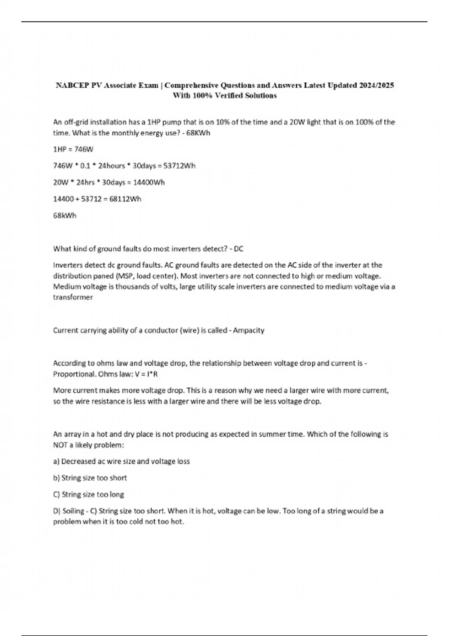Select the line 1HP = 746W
click(73, 149)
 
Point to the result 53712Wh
click(179, 166)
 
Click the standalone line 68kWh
click(65, 215)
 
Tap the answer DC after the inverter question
click(238, 248)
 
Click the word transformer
click(73, 297)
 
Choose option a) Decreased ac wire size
click(121, 461)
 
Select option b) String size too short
click(90, 478)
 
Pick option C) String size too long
click(89, 494)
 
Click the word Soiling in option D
click(73, 511)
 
